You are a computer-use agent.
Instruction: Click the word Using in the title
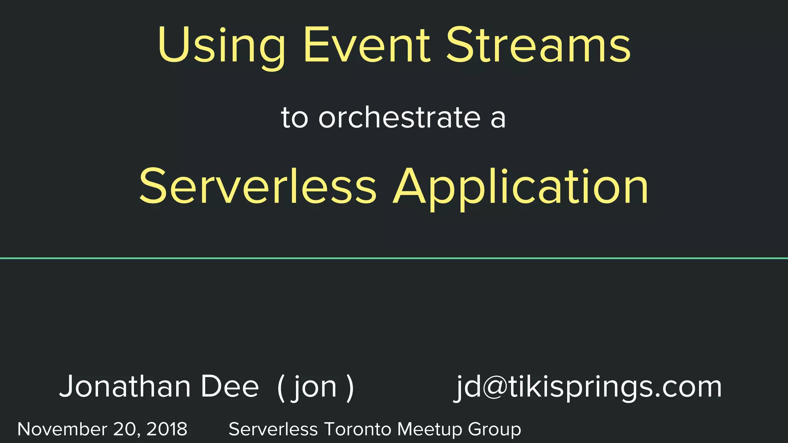[222, 45]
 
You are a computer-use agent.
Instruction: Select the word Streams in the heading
[538, 45]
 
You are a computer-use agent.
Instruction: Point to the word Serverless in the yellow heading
[257, 186]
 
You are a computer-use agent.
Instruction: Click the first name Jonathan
[125, 386]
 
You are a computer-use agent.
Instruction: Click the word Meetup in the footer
[429, 429]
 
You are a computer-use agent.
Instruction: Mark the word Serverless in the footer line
[273, 429]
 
